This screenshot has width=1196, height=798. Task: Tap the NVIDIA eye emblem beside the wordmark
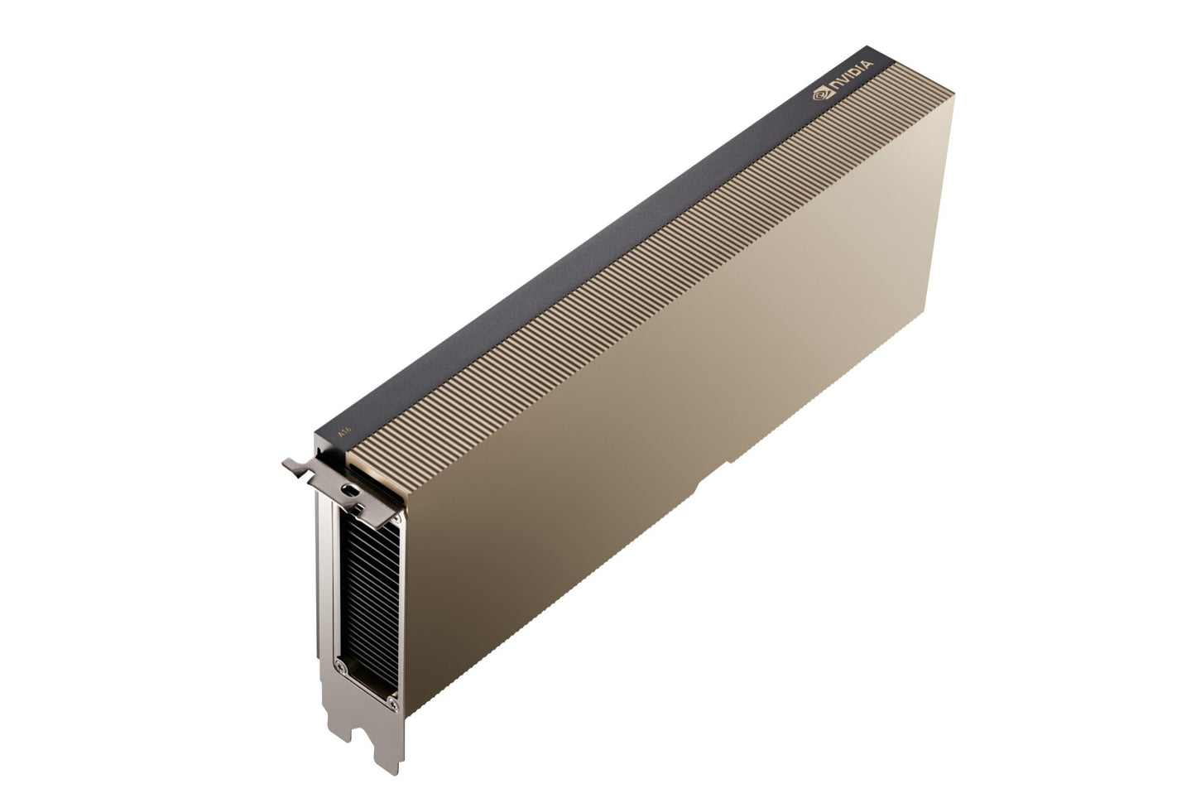tap(819, 95)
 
